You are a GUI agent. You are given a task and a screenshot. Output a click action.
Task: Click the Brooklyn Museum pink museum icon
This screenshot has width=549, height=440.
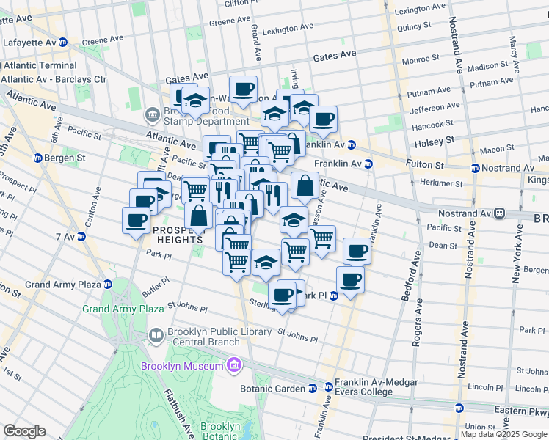[234, 365]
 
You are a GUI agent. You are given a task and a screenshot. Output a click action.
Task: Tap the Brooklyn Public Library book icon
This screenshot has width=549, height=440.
[156, 337]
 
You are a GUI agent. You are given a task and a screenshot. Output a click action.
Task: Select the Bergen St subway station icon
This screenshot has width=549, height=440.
[38, 158]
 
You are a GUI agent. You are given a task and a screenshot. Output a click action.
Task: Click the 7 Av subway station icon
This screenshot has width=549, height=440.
[81, 236]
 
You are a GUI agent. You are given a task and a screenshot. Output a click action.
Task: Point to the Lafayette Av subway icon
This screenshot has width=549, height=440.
[63, 43]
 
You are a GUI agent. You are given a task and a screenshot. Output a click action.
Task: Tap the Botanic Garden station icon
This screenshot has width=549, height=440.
[313, 388]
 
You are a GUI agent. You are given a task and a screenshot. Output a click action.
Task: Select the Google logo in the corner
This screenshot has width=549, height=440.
[25, 431]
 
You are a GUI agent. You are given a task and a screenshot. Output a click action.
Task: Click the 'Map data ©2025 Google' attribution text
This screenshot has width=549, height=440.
[503, 434]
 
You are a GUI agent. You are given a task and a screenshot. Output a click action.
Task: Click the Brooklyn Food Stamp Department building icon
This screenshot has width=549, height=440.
[153, 114]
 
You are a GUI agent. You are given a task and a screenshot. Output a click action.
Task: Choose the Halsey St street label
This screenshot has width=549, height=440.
[435, 139]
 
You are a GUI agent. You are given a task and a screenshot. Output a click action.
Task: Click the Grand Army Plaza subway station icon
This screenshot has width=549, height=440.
[107, 284]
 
